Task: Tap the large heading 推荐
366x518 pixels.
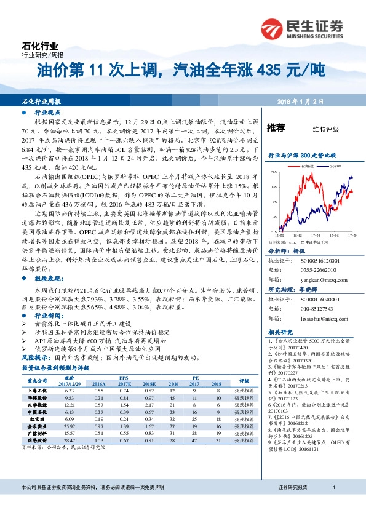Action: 276,128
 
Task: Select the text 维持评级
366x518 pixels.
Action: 326,129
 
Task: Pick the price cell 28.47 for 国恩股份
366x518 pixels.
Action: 69,440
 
